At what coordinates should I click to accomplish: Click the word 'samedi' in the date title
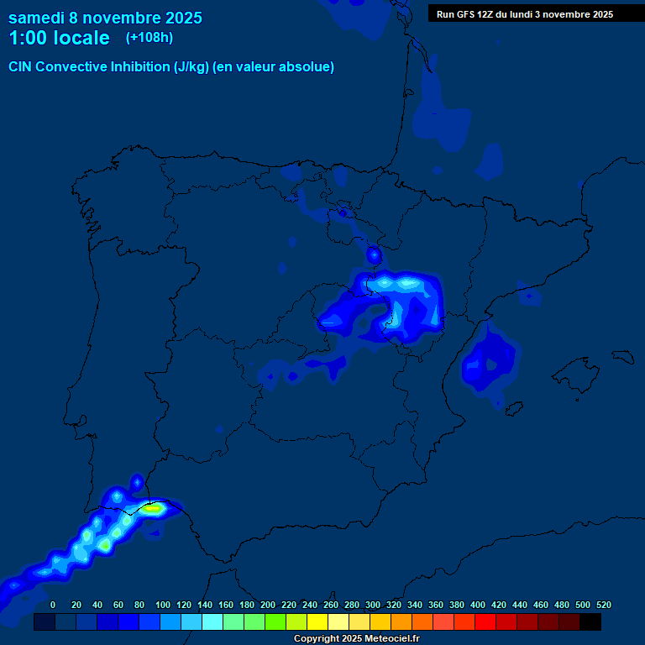click(x=37, y=18)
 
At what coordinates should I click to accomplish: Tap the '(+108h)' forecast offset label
click(x=149, y=38)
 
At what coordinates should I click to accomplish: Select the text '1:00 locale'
click(x=59, y=39)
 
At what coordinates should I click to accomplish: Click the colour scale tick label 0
click(x=53, y=605)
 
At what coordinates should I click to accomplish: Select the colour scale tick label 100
click(x=163, y=605)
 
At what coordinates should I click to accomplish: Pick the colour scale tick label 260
click(x=331, y=605)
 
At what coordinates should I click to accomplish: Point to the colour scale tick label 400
click(x=478, y=605)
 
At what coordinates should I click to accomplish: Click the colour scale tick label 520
click(x=603, y=605)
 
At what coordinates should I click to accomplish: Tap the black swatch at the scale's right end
click(x=590, y=621)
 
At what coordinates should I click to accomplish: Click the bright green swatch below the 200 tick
click(x=275, y=621)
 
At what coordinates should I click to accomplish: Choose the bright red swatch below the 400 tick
click(x=485, y=621)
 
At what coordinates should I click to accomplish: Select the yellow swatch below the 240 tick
click(x=317, y=621)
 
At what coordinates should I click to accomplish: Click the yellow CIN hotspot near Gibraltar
click(x=153, y=507)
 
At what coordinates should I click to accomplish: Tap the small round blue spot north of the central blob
click(x=375, y=254)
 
